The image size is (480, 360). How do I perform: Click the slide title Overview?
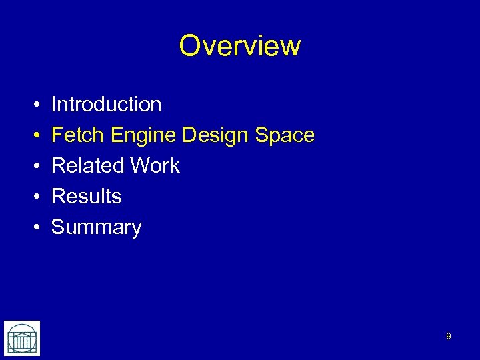240,46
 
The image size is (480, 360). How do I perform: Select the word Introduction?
106,105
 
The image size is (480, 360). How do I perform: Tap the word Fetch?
79,135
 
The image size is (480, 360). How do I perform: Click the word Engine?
144,136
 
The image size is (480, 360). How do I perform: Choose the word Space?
285,136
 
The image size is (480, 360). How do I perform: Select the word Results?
87,197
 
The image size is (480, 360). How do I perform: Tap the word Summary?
97,228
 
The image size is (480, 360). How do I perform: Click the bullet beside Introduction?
33,105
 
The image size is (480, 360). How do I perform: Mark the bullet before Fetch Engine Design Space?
33,136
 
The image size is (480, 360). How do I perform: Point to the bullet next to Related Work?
33,167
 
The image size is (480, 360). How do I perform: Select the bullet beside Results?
33,197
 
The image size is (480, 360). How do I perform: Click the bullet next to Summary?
33,228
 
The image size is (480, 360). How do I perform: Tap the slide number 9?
448,337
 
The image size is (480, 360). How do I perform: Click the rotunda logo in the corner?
22,338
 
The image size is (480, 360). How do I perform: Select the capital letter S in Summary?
59,227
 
